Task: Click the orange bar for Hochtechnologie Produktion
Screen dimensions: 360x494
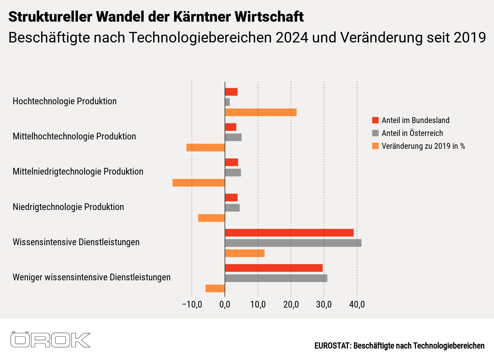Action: point(261,112)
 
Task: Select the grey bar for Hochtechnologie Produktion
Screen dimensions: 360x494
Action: point(227,102)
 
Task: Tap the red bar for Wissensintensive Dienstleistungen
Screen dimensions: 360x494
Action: point(289,233)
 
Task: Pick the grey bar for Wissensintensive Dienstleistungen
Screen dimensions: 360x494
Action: point(293,243)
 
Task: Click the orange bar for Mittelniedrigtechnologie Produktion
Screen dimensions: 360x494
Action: point(199,183)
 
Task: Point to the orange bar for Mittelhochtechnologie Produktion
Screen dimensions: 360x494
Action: point(206,148)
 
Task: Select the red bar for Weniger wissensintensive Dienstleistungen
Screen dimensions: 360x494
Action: point(274,268)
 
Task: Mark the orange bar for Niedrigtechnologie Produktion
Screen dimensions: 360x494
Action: point(211,218)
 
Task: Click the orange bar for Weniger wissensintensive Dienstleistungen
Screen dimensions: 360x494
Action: point(215,289)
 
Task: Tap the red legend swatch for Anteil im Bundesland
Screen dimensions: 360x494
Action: point(375,120)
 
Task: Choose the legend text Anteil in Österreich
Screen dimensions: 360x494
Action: point(412,133)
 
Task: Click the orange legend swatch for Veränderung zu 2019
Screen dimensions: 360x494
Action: point(375,146)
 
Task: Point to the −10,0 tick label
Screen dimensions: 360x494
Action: point(192,305)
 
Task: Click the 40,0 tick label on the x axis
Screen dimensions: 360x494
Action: point(357,305)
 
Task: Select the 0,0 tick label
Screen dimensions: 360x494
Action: point(225,305)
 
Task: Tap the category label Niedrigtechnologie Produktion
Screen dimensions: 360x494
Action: point(68,207)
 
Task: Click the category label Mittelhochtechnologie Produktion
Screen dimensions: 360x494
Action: point(74,137)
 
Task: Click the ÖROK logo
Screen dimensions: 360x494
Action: point(50,340)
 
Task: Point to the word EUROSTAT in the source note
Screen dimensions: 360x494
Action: point(332,346)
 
